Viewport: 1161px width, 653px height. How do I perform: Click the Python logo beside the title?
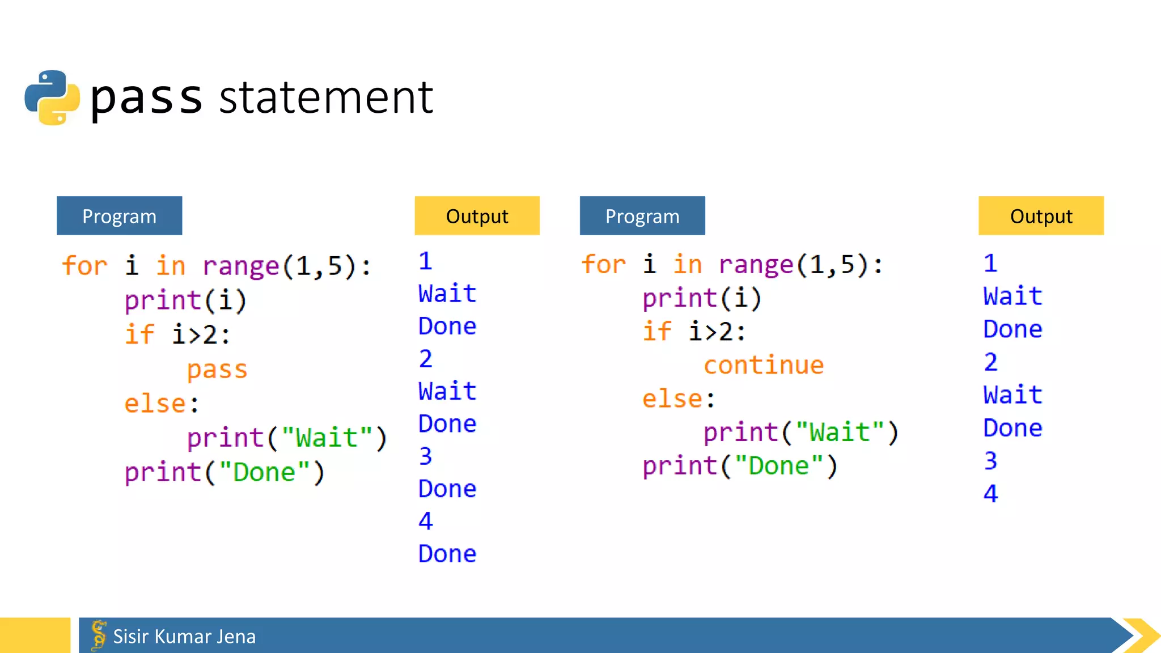coord(52,97)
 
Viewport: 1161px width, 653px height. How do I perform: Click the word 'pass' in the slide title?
coord(146,97)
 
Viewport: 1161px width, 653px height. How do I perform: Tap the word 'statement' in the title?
coord(326,97)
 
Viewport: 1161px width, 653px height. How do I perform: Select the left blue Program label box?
coord(119,216)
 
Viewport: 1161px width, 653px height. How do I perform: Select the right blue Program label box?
coord(642,216)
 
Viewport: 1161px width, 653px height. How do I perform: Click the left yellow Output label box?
coord(477,216)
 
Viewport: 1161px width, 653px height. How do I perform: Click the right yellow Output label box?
coord(1041,216)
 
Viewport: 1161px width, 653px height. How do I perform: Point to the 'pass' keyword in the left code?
coord(217,370)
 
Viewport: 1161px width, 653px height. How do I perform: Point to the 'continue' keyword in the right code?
coord(764,365)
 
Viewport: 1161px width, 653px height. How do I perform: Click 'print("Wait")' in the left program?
coord(287,438)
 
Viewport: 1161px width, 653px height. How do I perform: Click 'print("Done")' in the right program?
coord(740,466)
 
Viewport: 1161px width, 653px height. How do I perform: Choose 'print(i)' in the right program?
coord(702,298)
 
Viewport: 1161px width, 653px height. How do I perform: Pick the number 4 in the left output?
coord(426,521)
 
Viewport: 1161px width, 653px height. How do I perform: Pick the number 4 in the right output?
coord(990,494)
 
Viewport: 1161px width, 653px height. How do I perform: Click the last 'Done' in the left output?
coord(447,554)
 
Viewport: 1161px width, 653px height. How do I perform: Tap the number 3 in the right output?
coord(990,461)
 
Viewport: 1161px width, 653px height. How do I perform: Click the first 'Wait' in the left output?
coord(447,294)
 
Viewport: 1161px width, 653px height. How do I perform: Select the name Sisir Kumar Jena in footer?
coord(184,637)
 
